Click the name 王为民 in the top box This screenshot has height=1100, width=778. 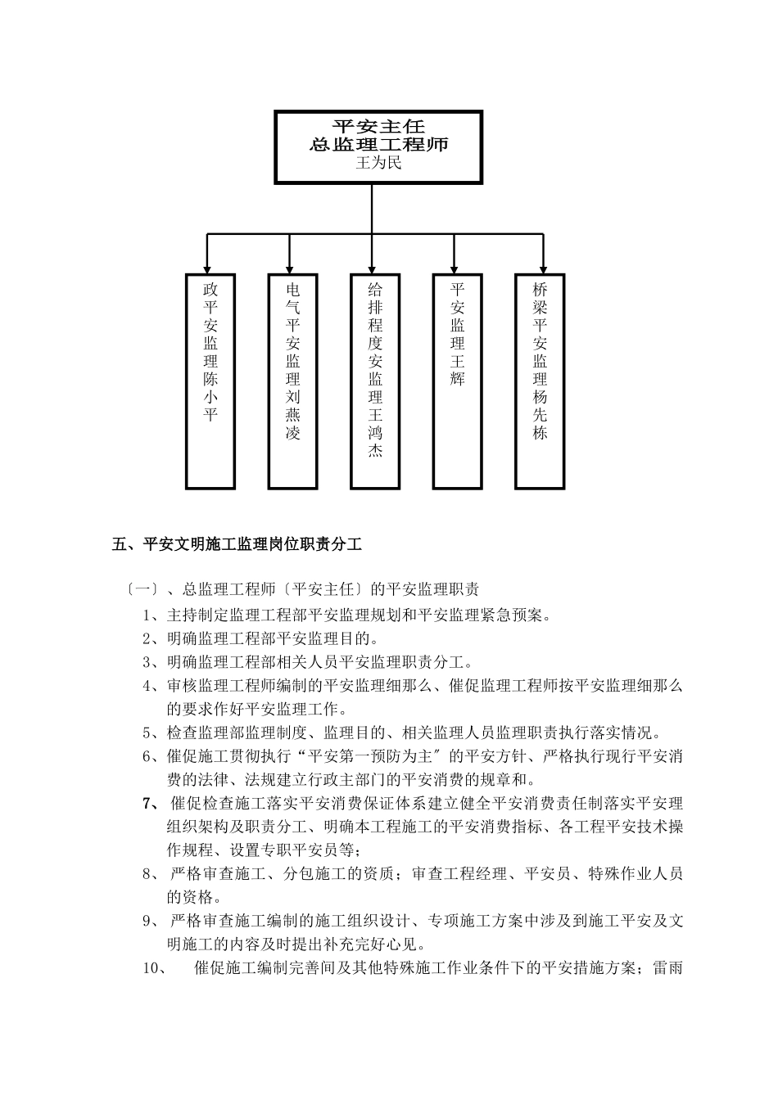pyautogui.click(x=378, y=164)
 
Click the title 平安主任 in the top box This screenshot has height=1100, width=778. pyautogui.click(x=378, y=126)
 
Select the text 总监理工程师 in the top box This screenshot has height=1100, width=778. pyautogui.click(x=378, y=145)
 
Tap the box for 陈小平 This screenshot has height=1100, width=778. pyautogui.click(x=210, y=381)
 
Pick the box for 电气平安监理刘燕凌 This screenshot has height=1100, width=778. pyautogui.click(x=293, y=381)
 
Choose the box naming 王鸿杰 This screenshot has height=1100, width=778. pyautogui.click(x=375, y=381)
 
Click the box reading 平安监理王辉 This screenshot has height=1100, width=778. pyautogui.click(x=457, y=381)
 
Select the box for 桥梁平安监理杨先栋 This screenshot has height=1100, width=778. pyautogui.click(x=540, y=381)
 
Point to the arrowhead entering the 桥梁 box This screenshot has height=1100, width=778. pyautogui.click(x=540, y=267)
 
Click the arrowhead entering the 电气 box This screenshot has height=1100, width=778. pyautogui.click(x=288, y=267)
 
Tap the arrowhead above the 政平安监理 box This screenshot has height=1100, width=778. pyautogui.click(x=206, y=267)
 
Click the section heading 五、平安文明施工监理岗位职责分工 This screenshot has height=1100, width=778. pyautogui.click(x=237, y=543)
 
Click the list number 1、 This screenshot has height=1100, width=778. pyautogui.click(x=151, y=615)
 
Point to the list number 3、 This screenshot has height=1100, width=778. pyautogui.click(x=151, y=662)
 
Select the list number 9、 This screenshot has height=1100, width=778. pyautogui.click(x=151, y=921)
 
